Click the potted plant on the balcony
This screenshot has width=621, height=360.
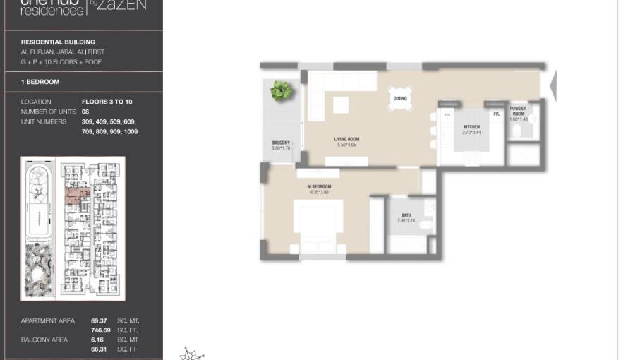(282, 90)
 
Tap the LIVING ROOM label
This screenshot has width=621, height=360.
(346, 140)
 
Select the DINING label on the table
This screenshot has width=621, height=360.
(400, 99)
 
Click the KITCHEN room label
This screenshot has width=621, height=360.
(471, 127)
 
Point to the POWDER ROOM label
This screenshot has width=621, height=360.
(518, 111)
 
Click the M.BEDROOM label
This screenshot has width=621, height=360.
(319, 187)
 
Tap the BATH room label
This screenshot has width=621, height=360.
(406, 215)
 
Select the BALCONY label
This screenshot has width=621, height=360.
(282, 143)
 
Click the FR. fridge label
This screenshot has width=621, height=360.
(497, 114)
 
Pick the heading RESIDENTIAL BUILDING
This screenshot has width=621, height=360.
(58, 42)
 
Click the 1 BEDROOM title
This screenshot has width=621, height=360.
(40, 82)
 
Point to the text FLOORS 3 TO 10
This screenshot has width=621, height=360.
(107, 102)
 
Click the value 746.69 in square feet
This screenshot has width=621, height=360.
(101, 330)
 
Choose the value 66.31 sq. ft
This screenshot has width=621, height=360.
(100, 349)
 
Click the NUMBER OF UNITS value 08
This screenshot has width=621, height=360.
(85, 112)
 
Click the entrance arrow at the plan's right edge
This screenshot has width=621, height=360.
(553, 85)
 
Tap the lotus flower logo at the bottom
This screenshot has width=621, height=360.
(191, 354)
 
